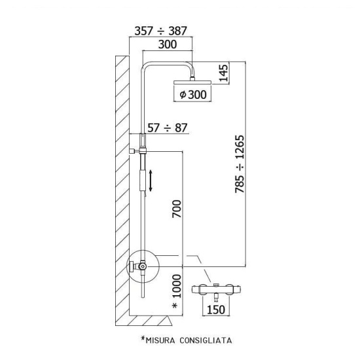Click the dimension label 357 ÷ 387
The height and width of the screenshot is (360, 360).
click(x=160, y=31)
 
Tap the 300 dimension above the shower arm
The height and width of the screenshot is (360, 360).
click(x=168, y=45)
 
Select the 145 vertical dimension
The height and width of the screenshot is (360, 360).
click(x=224, y=73)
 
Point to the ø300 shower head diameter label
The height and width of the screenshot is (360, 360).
click(x=193, y=94)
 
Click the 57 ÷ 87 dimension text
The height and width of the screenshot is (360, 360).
click(x=167, y=128)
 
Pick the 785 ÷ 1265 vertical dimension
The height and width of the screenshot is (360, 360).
click(x=240, y=164)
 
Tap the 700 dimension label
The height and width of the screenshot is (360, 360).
click(x=177, y=209)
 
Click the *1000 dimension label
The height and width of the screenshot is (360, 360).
click(x=177, y=291)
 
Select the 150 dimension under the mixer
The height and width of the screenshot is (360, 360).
click(x=216, y=310)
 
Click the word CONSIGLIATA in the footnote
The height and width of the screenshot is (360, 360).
click(x=206, y=340)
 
